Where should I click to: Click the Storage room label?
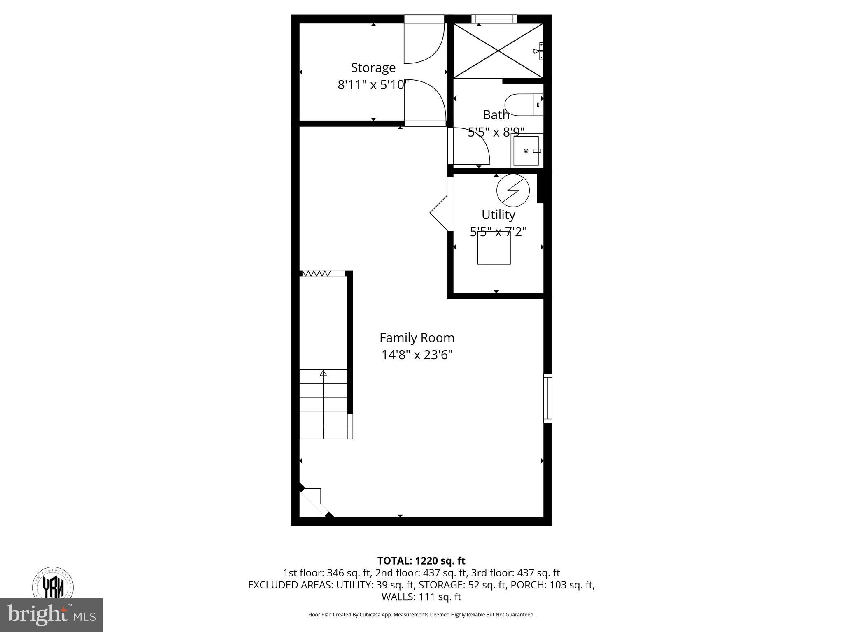[373, 67]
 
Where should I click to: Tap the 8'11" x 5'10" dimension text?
[373, 85]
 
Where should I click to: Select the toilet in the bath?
[523, 105]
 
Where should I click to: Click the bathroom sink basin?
[526, 151]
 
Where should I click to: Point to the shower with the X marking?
[498, 51]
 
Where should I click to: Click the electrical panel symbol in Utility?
[513, 191]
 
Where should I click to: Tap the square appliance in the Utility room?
[494, 248]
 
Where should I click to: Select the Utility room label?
[498, 215]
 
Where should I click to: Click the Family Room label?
[417, 338]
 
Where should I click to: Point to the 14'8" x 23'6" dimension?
[417, 355]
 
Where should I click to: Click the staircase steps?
[324, 407]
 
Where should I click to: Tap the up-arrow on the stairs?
[324, 373]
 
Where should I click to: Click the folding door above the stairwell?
[316, 274]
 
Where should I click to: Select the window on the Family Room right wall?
[547, 398]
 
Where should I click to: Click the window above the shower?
[494, 19]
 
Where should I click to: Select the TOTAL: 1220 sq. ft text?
[421, 561]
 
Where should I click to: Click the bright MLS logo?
[51, 615]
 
